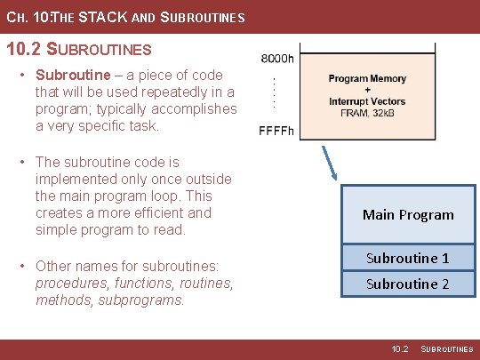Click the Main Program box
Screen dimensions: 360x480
408,214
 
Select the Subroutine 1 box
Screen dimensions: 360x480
408,258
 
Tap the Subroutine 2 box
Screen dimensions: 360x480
408,284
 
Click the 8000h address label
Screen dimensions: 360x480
276,59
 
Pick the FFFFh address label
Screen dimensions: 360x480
276,132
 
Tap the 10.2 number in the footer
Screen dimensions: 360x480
400,349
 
